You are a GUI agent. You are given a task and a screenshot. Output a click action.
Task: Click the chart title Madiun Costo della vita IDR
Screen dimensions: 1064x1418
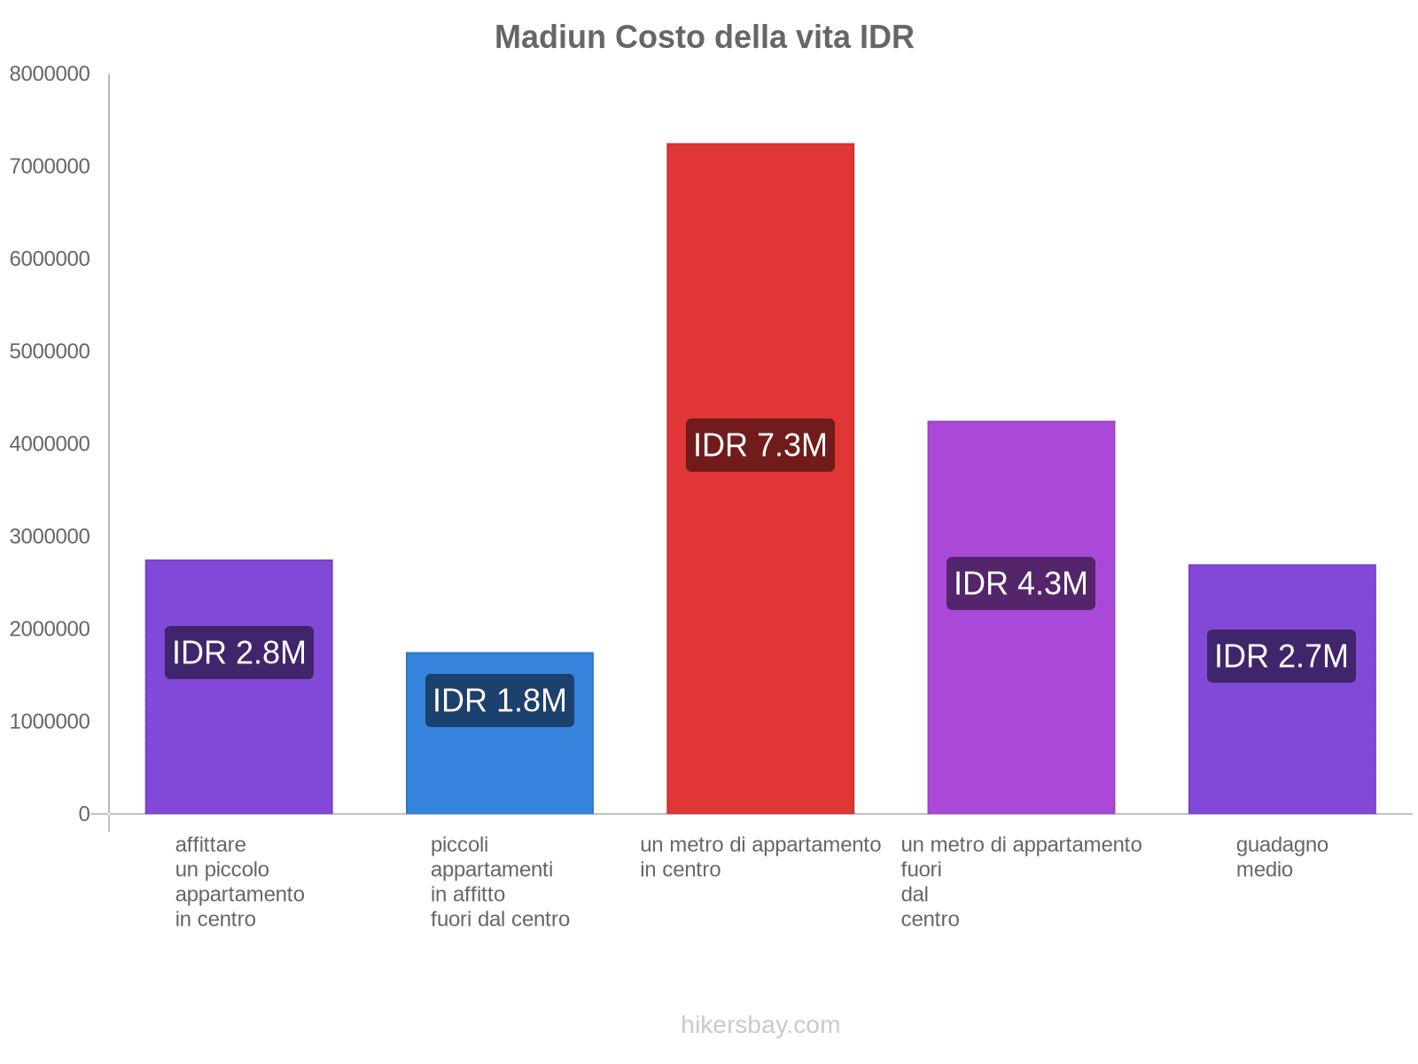pyautogui.click(x=704, y=37)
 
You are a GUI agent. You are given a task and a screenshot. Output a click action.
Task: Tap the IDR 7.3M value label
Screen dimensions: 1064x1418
pyautogui.click(x=760, y=445)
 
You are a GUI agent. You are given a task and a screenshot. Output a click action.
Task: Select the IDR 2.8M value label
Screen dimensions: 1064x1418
pyautogui.click(x=238, y=653)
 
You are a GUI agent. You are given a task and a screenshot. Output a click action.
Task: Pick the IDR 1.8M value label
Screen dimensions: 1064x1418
pyautogui.click(x=499, y=700)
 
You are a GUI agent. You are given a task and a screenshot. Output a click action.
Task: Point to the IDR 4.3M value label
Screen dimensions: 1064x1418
pyautogui.click(x=1020, y=583)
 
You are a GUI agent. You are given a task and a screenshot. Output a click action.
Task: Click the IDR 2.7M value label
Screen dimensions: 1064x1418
pyautogui.click(x=1281, y=656)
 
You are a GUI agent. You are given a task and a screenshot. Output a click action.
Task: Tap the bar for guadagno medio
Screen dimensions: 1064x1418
pyautogui.click(x=1281, y=754)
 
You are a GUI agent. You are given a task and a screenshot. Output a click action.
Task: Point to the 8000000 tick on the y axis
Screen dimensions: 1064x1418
pyautogui.click(x=50, y=74)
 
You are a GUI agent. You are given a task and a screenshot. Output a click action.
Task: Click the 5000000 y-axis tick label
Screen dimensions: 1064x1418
pyautogui.click(x=50, y=352)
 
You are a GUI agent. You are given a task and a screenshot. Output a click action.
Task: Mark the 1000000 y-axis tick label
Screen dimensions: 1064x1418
pyautogui.click(x=50, y=722)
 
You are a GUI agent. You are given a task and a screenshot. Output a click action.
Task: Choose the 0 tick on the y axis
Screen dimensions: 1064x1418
pyautogui.click(x=84, y=814)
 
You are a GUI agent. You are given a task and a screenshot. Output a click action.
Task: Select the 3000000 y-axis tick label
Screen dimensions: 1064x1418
pyautogui.click(x=50, y=536)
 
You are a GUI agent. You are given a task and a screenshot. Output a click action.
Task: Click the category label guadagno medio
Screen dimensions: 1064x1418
pyautogui.click(x=1281, y=857)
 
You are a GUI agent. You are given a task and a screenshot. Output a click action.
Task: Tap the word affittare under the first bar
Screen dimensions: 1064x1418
pyautogui.click(x=210, y=845)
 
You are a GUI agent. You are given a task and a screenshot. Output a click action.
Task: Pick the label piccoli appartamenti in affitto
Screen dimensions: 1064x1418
pyautogui.click(x=491, y=869)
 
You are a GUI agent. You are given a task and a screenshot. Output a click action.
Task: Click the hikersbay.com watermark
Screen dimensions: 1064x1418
pyautogui.click(x=760, y=1025)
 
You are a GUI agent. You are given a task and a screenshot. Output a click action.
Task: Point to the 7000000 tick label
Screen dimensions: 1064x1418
pyautogui.click(x=50, y=167)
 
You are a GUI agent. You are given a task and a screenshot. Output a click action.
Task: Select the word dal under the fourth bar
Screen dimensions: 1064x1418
pyautogui.click(x=914, y=895)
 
